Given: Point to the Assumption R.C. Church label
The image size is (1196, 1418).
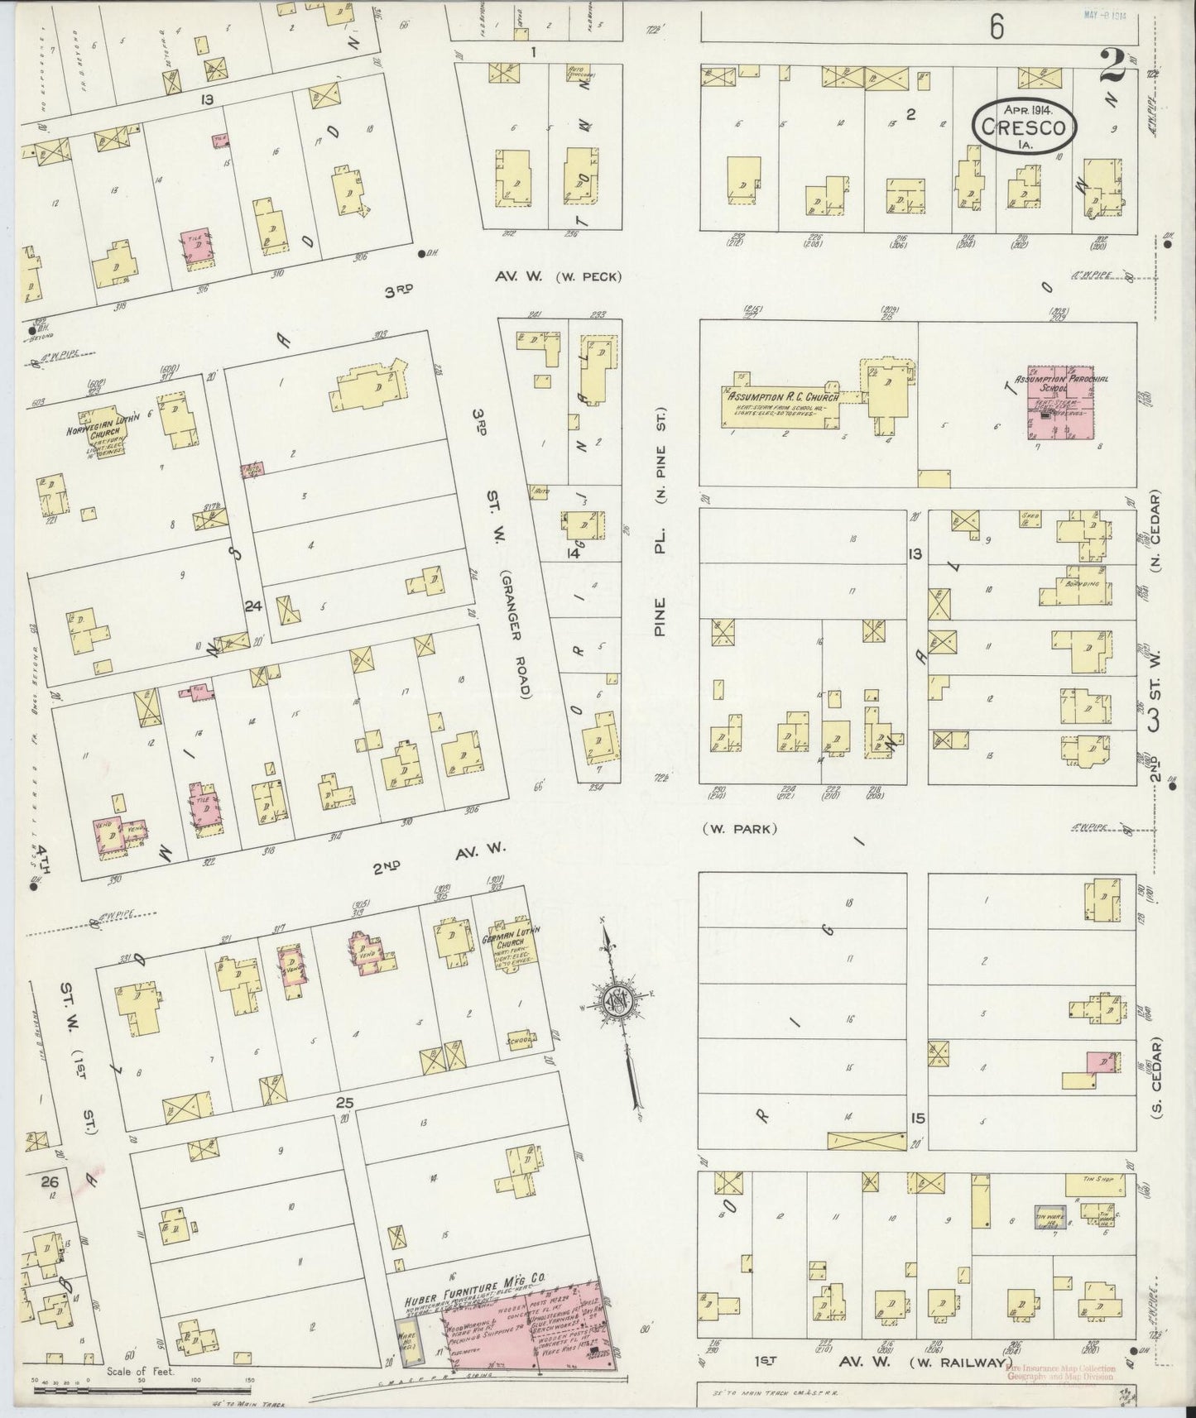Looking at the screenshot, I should click(x=782, y=398).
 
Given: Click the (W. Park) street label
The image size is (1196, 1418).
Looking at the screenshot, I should click(x=739, y=829).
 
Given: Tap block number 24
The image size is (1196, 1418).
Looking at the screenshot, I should click(x=252, y=606).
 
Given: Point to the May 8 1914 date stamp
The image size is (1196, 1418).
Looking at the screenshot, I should click(x=1108, y=15).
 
